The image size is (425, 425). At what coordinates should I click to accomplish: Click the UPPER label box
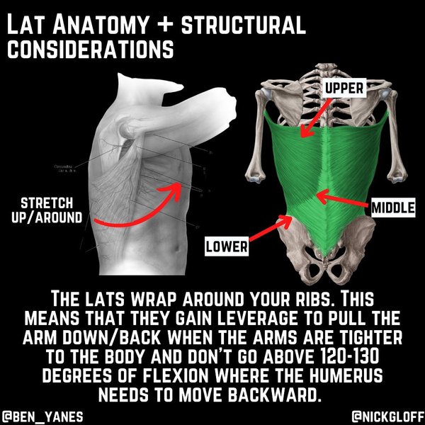coord(345,89)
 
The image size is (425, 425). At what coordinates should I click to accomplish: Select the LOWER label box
coord(226,247)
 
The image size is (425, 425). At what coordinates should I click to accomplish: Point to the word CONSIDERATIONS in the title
coord(90,51)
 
